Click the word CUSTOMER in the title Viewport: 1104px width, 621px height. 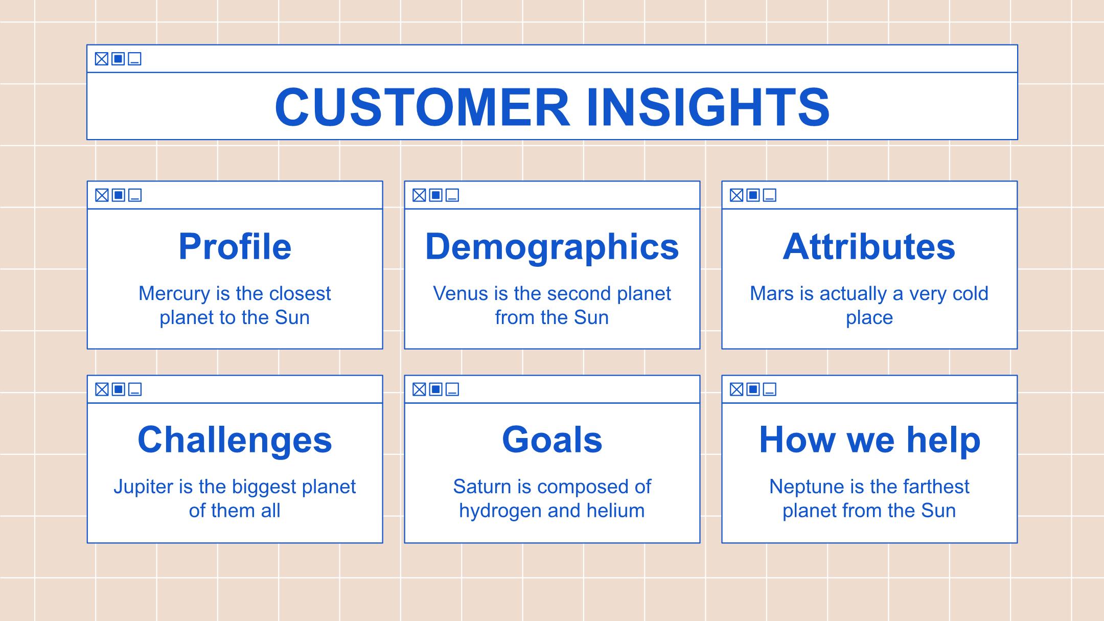(422, 107)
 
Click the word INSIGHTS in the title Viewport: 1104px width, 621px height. (708, 107)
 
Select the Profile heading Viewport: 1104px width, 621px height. (235, 247)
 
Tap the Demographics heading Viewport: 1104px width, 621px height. (552, 247)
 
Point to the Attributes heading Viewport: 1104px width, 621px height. (869, 247)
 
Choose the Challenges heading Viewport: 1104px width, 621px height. (235, 441)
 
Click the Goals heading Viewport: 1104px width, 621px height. (552, 440)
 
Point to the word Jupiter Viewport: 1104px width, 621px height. (144, 487)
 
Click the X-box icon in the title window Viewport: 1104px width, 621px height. (102, 59)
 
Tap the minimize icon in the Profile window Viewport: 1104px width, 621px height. (135, 195)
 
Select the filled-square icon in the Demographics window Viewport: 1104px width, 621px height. (436, 195)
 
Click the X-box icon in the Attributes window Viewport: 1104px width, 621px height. (737, 195)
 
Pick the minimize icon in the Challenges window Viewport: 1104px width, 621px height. (135, 389)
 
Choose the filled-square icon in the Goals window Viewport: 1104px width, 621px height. (436, 389)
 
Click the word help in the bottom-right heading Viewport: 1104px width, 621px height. (944, 440)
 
